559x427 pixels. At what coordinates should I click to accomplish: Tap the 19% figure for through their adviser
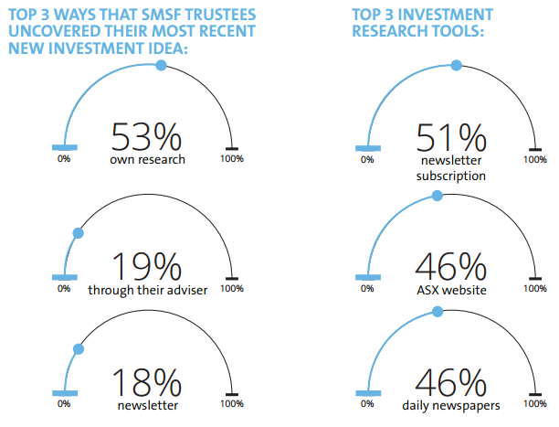pos(146,266)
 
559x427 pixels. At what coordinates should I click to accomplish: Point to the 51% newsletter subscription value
pos(450,137)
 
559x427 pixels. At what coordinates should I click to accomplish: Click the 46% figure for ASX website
pos(450,266)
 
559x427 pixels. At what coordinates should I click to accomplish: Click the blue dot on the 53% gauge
pos(162,65)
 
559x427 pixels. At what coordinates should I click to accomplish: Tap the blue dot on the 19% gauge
pos(78,234)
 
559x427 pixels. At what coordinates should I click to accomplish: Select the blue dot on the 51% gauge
pos(456,65)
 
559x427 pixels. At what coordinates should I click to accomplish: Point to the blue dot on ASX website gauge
pos(437,197)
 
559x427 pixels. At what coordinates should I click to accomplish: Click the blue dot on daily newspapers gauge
pos(437,312)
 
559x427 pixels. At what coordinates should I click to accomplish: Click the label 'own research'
pos(147,159)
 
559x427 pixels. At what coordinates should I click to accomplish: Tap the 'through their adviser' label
pos(147,290)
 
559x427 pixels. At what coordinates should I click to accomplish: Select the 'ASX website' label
pos(450,290)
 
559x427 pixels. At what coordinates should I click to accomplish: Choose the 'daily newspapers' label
pos(450,403)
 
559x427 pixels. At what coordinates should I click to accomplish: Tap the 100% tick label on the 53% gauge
pos(232,158)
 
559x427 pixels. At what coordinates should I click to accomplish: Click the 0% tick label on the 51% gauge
pos(367,158)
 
